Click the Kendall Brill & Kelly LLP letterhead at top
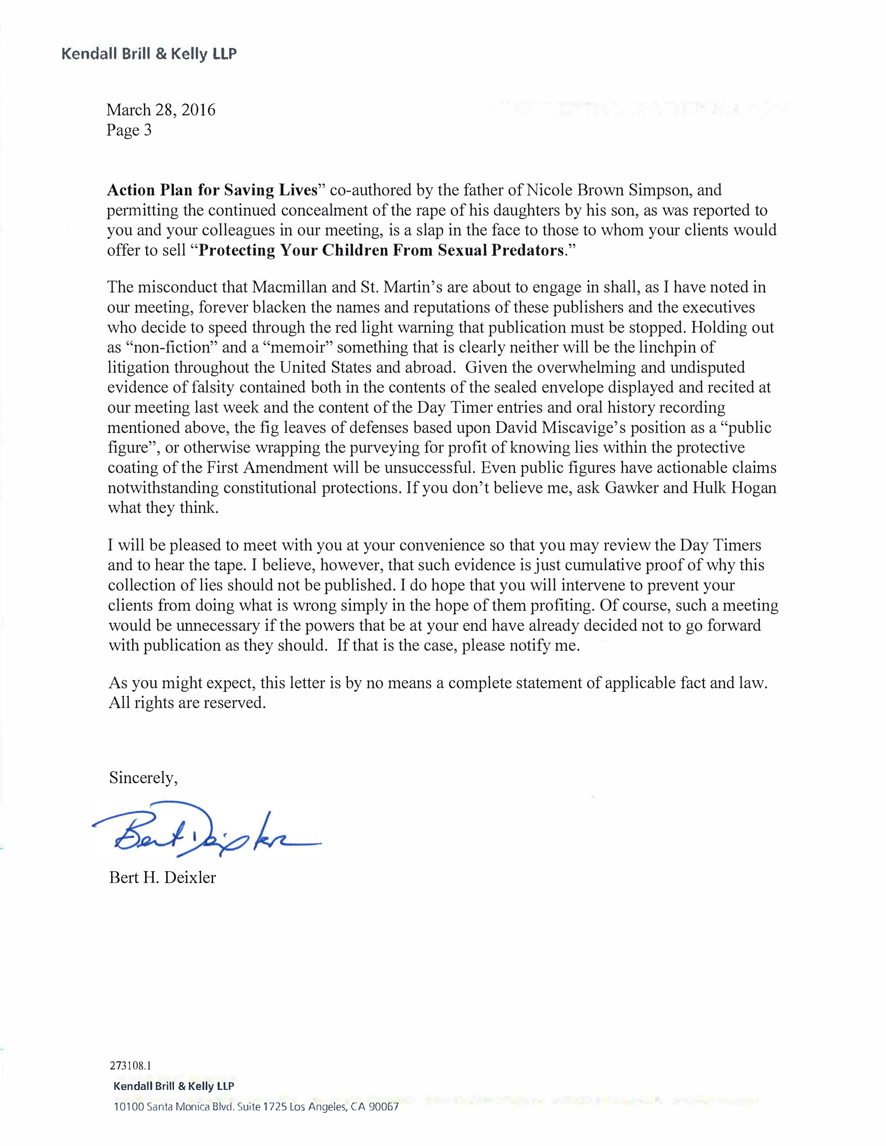click(x=149, y=54)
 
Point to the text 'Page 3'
click(x=129, y=130)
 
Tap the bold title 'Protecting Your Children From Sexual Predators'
click(x=381, y=250)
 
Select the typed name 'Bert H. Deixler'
click(x=163, y=877)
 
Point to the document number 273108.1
click(x=131, y=1065)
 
